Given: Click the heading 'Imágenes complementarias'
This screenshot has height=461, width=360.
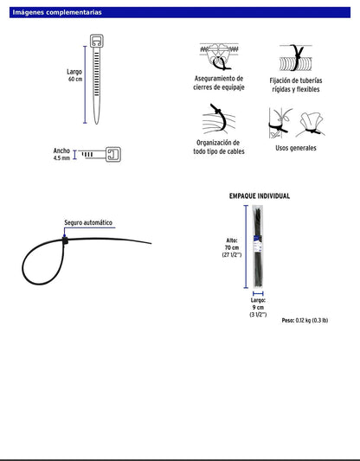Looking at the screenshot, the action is click(57, 12).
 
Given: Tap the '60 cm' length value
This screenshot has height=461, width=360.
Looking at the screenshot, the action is click(75, 79).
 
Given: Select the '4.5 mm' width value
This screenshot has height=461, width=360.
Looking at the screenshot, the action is click(61, 158).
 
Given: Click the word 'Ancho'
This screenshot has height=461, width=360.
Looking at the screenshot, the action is click(61, 150).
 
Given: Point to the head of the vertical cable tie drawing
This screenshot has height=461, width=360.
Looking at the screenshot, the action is click(96, 42).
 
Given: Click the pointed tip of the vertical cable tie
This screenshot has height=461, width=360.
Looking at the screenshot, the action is click(96, 123).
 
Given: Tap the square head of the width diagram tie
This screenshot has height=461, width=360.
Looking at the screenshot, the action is click(113, 154).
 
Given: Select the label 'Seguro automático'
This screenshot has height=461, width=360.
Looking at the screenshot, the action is click(88, 222).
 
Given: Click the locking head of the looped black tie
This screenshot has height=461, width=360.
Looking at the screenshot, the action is click(65, 240).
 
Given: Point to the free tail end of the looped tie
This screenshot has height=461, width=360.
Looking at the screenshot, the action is click(151, 243).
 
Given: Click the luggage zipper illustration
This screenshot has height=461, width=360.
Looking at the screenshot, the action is click(219, 57).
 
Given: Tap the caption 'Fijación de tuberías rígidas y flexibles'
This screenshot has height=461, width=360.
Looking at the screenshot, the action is click(296, 85).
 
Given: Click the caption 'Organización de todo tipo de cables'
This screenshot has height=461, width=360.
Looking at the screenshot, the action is click(219, 147).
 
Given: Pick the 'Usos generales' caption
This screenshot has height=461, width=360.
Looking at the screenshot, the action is click(296, 148).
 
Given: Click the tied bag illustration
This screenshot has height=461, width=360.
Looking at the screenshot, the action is click(312, 124).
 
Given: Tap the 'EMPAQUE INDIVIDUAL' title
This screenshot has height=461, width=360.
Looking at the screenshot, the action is click(260, 196).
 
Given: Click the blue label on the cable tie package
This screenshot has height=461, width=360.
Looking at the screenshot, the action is click(257, 243).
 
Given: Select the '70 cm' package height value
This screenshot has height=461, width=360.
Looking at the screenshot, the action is click(232, 247).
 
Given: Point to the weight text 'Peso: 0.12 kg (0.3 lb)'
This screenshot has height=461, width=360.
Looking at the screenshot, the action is click(305, 321).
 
